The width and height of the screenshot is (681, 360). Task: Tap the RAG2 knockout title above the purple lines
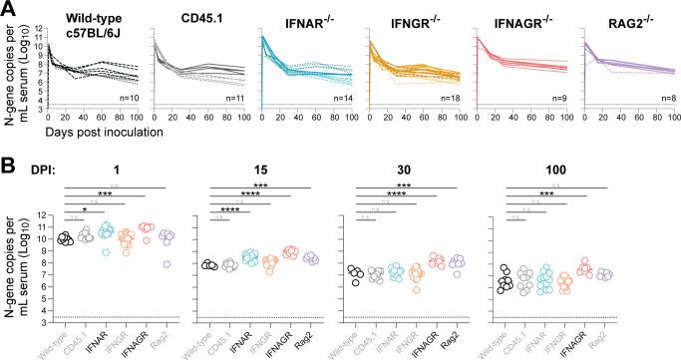[x=620, y=16]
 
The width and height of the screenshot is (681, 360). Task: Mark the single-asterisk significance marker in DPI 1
[x=85, y=209]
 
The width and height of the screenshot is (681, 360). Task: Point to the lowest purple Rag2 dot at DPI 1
[x=166, y=265]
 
